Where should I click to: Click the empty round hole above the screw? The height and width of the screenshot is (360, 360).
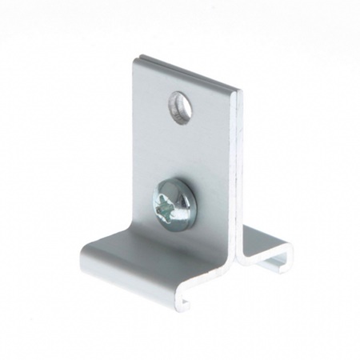click(x=180, y=106)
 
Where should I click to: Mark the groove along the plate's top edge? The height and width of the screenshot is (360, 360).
click(x=189, y=71)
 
